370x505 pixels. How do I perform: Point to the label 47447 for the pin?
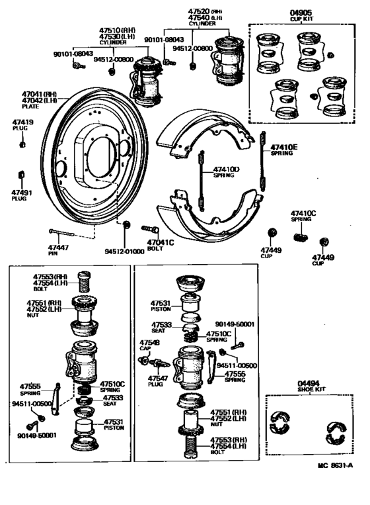(x=58, y=247)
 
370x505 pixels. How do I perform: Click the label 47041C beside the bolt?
(x=160, y=242)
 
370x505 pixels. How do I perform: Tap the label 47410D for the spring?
(x=226, y=169)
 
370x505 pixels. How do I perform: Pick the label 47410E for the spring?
(x=285, y=147)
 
